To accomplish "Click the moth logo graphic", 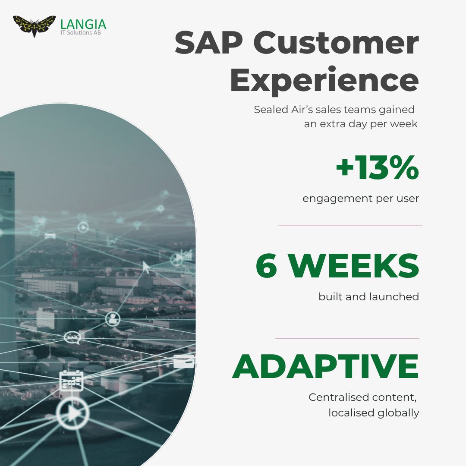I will tap(34, 26).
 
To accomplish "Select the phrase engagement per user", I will tap(361, 199).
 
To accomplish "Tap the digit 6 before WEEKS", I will tap(266, 266).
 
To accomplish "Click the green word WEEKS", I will tap(353, 266).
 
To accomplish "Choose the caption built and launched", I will tap(368, 297).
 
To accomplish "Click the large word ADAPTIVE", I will tap(326, 367).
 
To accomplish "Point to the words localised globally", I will tap(374, 412).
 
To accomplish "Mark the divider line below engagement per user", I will tap(350, 226).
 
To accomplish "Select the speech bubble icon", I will tap(72, 337).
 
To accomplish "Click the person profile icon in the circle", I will tap(113, 319).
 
